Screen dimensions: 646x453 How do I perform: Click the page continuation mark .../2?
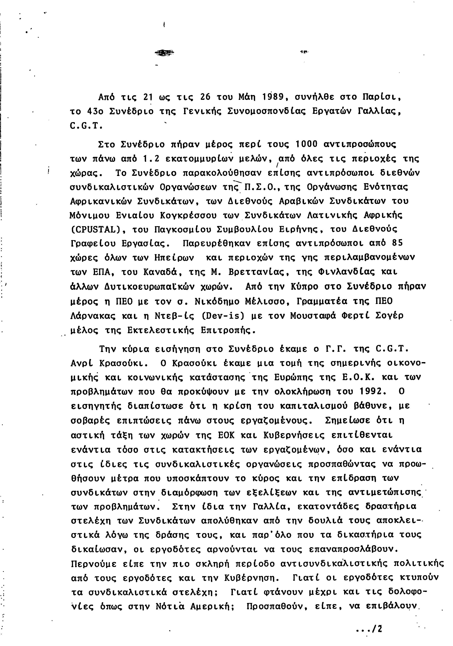coord(369,629)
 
